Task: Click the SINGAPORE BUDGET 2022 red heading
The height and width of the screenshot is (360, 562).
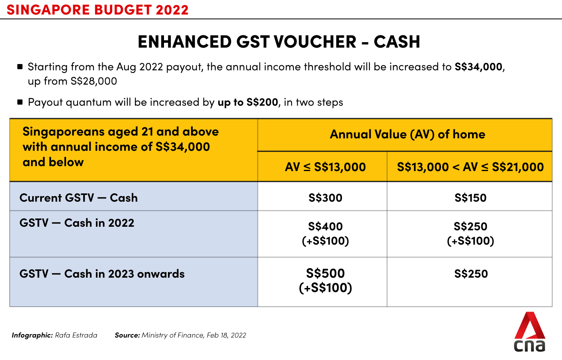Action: point(98,10)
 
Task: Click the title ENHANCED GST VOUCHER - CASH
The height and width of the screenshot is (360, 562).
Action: point(279,42)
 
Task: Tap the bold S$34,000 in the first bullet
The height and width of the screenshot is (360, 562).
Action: point(478,67)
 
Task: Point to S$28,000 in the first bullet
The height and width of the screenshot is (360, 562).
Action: point(94,81)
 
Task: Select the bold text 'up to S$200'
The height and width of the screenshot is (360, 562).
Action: point(248,102)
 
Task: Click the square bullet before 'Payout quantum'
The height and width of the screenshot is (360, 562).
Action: point(20,102)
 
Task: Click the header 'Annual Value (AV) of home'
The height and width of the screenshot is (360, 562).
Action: point(408,134)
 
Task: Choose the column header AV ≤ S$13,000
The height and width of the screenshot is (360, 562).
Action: point(325,167)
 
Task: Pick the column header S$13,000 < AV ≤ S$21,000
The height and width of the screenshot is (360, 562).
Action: point(470,167)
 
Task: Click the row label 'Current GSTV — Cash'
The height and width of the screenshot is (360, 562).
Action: point(78,198)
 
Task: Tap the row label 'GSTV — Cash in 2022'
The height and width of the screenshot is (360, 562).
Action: point(77,223)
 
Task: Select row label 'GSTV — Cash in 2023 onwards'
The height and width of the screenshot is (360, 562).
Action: point(102,274)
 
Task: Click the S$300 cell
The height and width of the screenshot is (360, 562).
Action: point(325,198)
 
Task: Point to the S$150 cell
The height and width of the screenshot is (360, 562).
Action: point(470,198)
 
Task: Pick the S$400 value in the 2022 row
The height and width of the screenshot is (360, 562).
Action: point(325,227)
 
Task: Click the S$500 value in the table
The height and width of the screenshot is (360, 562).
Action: point(325,273)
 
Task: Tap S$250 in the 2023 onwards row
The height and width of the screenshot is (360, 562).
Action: point(471,274)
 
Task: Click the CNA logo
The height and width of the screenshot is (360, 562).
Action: point(530,332)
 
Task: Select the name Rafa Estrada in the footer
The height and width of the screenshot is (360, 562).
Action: point(76,335)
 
